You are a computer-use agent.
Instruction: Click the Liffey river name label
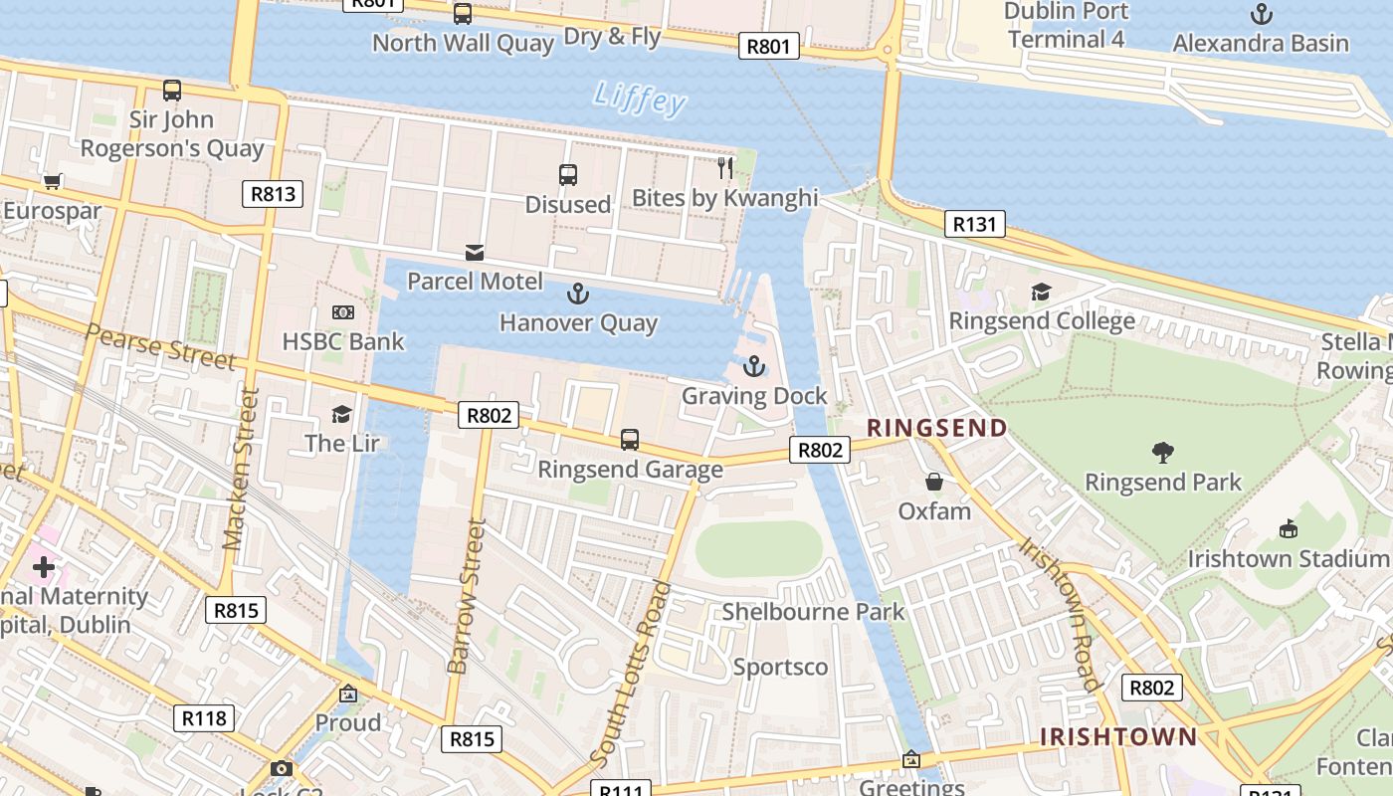click(x=640, y=99)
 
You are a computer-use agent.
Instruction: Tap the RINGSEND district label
click(x=936, y=428)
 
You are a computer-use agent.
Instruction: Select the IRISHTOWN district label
click(x=1118, y=737)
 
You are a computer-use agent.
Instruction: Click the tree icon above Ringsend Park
click(x=1162, y=454)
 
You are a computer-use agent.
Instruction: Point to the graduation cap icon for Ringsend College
click(x=1041, y=293)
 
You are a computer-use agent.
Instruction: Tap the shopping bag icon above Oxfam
click(x=933, y=483)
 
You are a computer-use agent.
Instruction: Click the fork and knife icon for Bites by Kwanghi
click(x=725, y=168)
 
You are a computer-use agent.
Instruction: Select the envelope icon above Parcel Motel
click(x=475, y=253)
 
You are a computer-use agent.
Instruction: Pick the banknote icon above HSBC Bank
click(x=342, y=313)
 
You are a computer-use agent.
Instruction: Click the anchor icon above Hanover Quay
click(x=577, y=294)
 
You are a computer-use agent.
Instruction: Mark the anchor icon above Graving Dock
click(x=754, y=367)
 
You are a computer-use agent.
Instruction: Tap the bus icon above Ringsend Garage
click(x=629, y=440)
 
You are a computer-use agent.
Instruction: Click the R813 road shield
click(x=273, y=194)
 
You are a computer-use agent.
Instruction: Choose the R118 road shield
click(x=204, y=718)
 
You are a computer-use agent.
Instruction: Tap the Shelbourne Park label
click(x=813, y=612)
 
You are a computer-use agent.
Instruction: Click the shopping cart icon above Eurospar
click(x=52, y=182)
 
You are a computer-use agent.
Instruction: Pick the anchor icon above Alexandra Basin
click(x=1261, y=14)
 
